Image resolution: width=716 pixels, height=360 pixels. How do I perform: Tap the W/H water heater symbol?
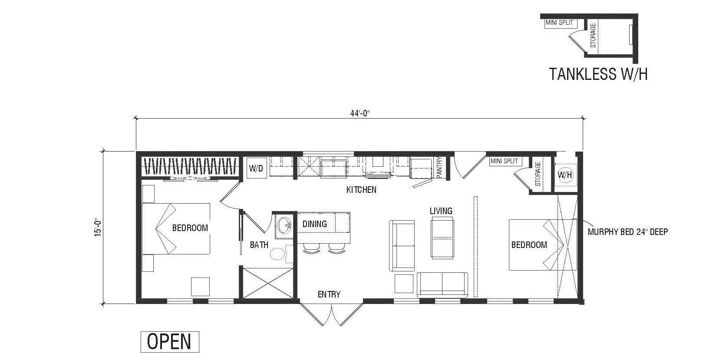click(564, 175)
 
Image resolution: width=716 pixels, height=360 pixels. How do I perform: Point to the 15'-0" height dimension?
click(99, 226)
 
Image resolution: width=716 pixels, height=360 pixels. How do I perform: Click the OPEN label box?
click(169, 342)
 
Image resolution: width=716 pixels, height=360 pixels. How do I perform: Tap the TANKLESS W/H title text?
click(598, 74)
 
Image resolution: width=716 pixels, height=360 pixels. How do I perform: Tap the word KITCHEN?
click(361, 190)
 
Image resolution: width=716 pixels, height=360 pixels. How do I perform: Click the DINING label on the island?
click(314, 224)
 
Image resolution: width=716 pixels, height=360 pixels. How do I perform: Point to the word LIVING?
click(441, 211)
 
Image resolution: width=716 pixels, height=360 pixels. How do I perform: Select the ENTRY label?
click(329, 294)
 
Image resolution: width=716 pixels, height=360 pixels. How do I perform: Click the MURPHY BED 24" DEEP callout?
click(627, 231)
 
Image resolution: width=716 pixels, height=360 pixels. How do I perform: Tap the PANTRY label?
click(439, 167)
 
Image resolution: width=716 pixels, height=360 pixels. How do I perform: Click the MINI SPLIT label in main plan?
click(504, 161)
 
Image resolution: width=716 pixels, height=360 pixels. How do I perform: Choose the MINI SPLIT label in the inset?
click(559, 23)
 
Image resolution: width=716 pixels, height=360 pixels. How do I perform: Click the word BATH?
click(259, 245)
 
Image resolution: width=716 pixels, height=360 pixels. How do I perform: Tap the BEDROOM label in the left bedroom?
click(190, 228)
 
